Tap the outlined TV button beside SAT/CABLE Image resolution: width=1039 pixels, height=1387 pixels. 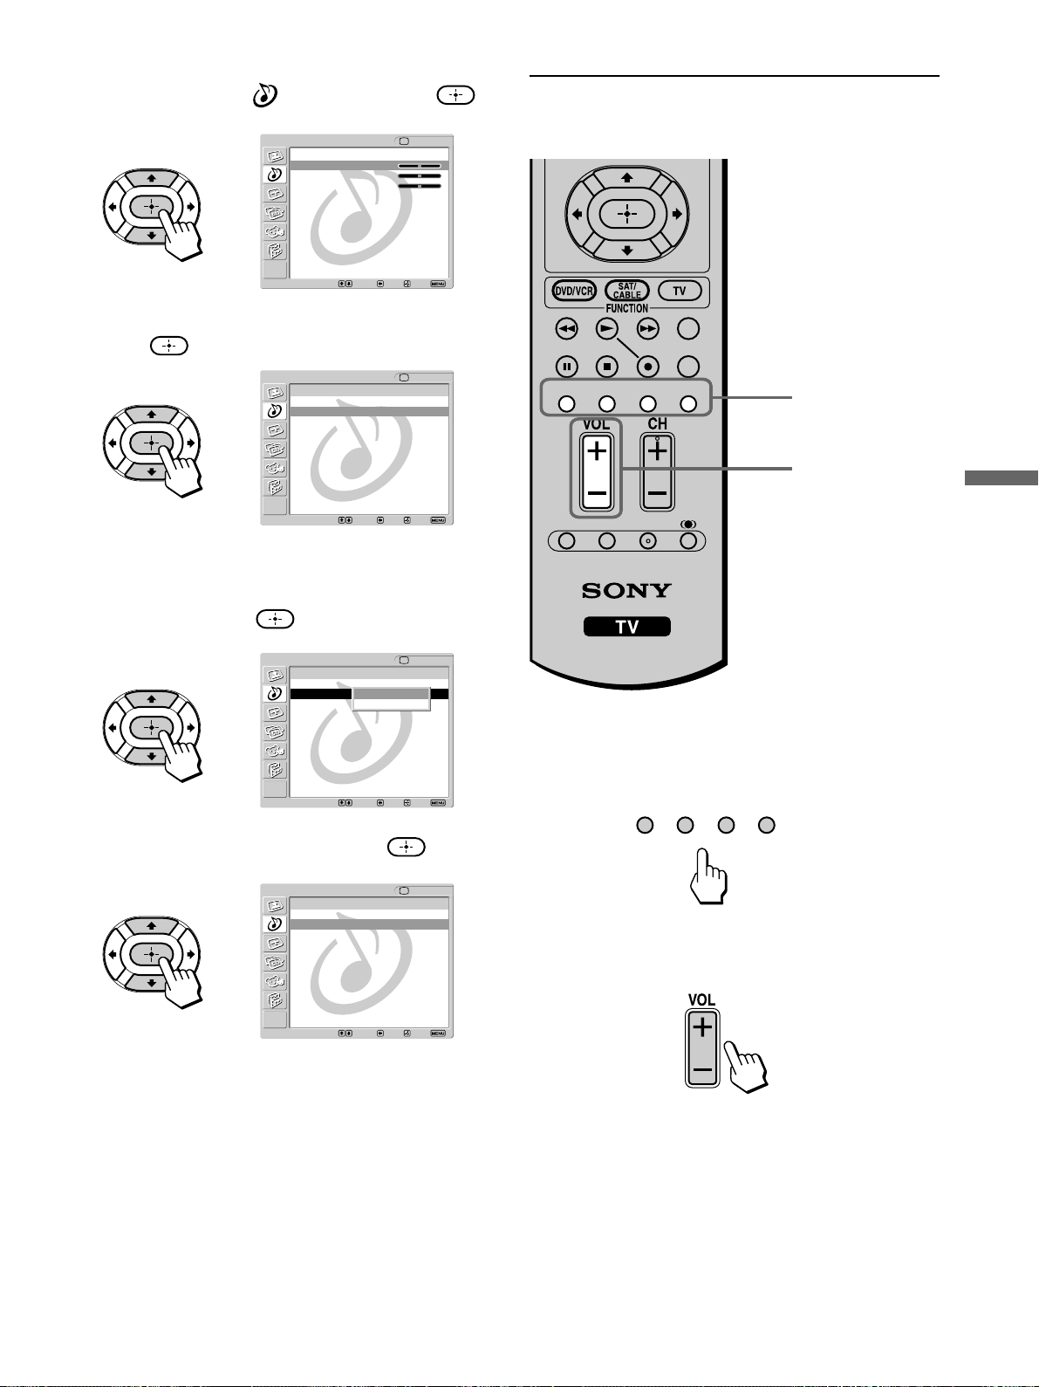pyautogui.click(x=680, y=291)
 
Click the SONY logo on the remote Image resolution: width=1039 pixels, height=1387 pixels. pyautogui.click(x=626, y=591)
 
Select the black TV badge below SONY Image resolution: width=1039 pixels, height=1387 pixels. pyautogui.click(x=627, y=626)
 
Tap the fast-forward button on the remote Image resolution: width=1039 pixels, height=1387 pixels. pyautogui.click(x=647, y=328)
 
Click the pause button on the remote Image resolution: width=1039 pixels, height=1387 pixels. pyautogui.click(x=567, y=367)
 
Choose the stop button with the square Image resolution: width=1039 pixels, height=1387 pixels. pyautogui.click(x=607, y=367)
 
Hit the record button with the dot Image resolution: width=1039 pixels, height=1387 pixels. pyautogui.click(x=647, y=367)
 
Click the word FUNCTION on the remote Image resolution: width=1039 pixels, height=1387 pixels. pyautogui.click(x=627, y=308)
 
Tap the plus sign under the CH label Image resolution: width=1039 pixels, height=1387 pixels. pyautogui.click(x=658, y=451)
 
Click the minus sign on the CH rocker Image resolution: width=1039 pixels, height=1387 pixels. pyautogui.click(x=658, y=493)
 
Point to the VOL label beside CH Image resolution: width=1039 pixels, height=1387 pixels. pyautogui.click(x=597, y=424)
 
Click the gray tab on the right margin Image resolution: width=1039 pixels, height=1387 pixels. pyautogui.click(x=1001, y=477)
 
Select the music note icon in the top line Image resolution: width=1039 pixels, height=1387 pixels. pyautogui.click(x=265, y=95)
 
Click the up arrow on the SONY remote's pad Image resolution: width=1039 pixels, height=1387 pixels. pyautogui.click(x=627, y=177)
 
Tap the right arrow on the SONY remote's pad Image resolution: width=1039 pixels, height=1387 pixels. pyautogui.click(x=677, y=214)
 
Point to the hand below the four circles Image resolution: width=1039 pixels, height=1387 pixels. pyautogui.click(x=709, y=876)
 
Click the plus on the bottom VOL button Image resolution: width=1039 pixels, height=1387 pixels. pyautogui.click(x=702, y=1027)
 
